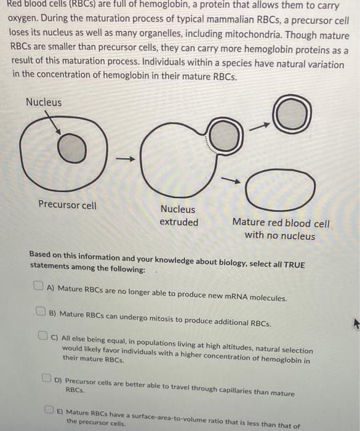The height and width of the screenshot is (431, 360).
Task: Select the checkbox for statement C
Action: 44,336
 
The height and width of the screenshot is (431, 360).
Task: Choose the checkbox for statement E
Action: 50,409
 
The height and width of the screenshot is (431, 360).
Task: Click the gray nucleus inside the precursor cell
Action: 73,150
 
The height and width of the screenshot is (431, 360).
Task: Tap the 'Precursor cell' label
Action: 67,205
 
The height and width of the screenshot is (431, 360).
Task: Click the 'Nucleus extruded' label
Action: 178,216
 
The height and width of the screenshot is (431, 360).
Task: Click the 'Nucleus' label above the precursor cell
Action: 44,102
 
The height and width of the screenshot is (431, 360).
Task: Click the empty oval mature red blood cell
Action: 281,190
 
